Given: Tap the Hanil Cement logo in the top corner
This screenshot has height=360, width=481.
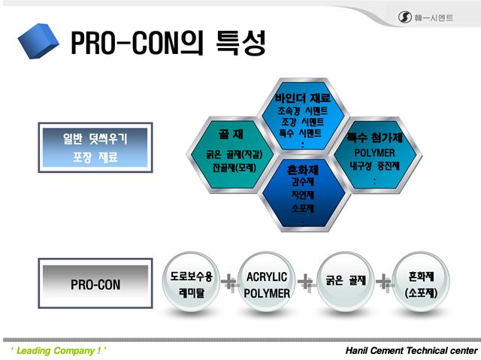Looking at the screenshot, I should click(425, 17).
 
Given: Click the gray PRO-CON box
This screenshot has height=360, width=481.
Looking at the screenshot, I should click(95, 285).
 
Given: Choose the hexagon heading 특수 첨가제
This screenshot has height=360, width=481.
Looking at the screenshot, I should click(374, 138).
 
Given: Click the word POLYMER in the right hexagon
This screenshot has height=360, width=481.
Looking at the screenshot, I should click(374, 153).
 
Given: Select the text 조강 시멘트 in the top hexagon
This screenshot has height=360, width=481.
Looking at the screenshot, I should click(302, 122).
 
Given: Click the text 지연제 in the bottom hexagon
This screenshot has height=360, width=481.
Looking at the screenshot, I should click(302, 195).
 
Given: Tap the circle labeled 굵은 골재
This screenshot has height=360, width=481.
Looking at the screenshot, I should click(344, 281).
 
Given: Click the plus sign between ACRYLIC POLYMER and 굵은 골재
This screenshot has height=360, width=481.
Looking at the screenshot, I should click(306, 283).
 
